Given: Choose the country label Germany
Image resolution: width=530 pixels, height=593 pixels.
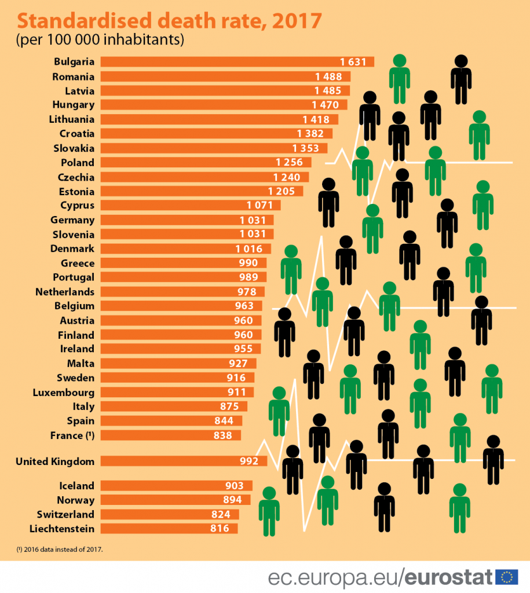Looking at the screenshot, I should (72, 220).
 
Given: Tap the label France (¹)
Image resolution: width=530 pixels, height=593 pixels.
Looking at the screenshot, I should (72, 435).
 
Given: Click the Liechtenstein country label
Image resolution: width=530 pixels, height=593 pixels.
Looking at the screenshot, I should (62, 528).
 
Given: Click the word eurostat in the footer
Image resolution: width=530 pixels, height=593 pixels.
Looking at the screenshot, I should (449, 577).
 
